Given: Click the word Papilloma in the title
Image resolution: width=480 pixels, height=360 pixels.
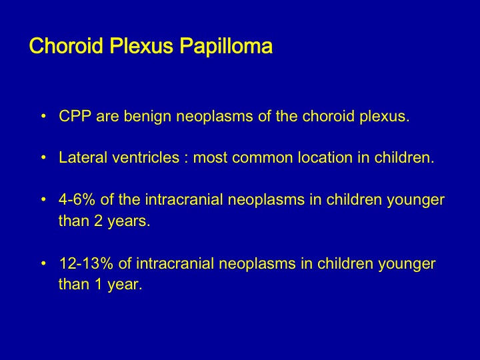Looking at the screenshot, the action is (x=226, y=47).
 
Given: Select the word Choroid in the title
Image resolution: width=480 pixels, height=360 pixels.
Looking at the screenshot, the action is (x=66, y=46).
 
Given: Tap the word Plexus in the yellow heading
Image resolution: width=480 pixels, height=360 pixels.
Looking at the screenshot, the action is (x=141, y=46).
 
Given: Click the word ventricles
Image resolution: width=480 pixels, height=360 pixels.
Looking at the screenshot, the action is (x=146, y=157).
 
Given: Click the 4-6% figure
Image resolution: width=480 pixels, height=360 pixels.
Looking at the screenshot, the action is (x=77, y=199).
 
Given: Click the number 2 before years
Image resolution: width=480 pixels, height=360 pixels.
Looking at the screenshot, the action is (x=98, y=221).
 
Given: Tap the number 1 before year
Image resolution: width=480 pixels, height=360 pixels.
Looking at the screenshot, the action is (x=98, y=284).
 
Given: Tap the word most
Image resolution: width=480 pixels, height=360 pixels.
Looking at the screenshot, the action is (x=210, y=158).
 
